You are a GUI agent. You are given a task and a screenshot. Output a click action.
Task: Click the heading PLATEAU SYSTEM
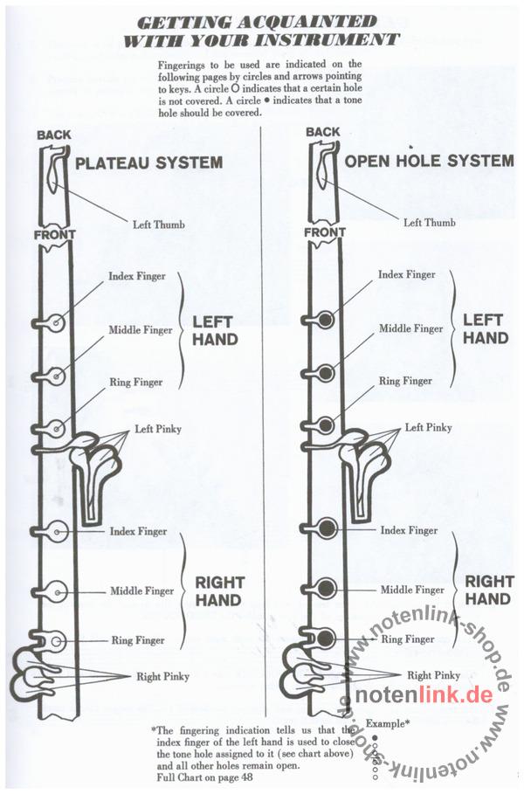coord(148,162)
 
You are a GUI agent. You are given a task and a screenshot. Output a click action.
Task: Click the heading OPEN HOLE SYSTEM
coord(430,161)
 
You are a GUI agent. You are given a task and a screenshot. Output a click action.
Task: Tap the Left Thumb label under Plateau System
coord(159,224)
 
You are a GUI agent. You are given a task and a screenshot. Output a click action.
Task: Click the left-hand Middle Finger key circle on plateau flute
coord(56,376)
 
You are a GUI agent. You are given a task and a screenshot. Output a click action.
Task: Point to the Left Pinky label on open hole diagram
coord(428,427)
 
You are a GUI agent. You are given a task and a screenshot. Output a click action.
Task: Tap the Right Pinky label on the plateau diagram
coord(162,677)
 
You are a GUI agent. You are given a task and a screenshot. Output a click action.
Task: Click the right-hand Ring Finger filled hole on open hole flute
coord(326,638)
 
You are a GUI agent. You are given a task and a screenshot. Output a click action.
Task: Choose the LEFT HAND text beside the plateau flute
coord(215,331)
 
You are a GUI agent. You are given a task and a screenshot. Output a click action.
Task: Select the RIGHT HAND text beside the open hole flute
coord(489,590)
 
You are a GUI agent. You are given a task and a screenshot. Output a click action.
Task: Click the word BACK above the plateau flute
coord(54,135)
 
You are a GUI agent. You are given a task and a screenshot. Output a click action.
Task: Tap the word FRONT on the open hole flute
coord(325,232)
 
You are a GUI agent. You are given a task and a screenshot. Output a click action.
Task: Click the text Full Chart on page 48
coord(204,777)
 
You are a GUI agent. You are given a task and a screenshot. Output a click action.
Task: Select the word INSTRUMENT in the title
coord(327,39)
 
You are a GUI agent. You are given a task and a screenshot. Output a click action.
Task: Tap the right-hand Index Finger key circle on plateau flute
coord(57,532)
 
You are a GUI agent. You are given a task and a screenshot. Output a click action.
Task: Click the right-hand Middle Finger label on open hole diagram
coord(412,590)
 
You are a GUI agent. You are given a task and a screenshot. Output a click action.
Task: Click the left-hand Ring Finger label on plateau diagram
coord(136,383)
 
